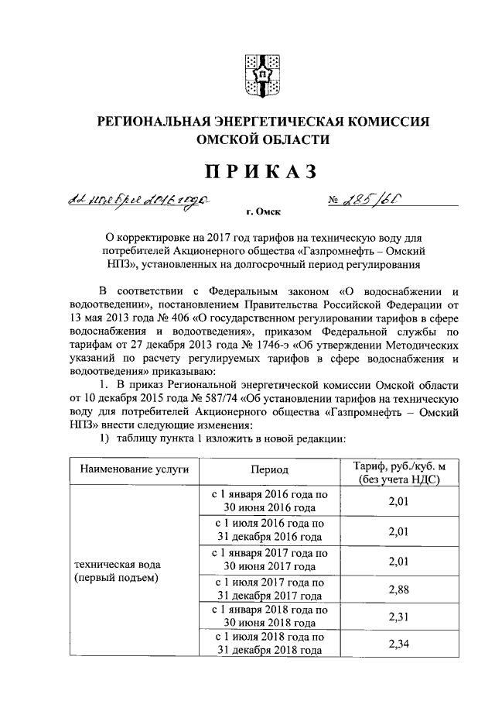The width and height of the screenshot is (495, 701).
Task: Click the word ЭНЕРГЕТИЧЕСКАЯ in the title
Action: (271, 122)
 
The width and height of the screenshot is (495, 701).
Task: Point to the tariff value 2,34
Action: (399, 644)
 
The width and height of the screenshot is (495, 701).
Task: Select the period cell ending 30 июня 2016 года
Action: (268, 501)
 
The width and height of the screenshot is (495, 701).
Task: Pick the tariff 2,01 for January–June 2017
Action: (399, 560)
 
